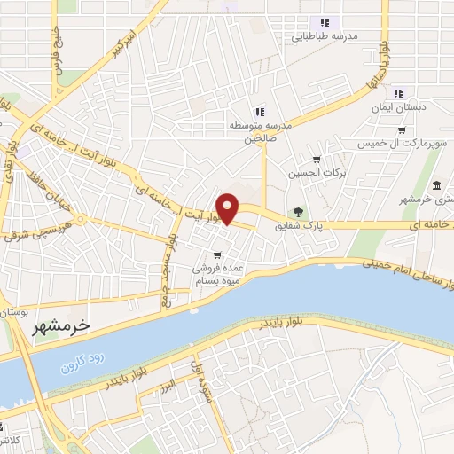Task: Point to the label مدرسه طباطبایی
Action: click(x=325, y=37)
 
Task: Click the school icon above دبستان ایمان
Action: click(x=398, y=93)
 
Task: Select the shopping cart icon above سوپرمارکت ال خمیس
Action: click(x=402, y=130)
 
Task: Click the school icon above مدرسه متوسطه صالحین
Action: click(x=259, y=112)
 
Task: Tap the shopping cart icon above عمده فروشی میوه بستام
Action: click(x=217, y=255)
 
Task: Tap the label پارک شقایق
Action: click(x=327, y=228)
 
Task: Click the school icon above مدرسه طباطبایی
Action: click(x=325, y=23)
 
